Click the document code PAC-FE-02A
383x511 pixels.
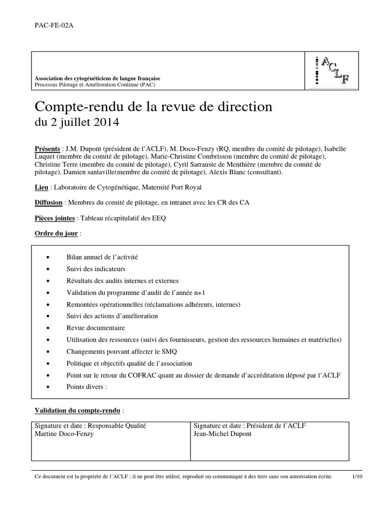click(51, 26)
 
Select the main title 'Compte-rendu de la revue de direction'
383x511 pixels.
click(153, 106)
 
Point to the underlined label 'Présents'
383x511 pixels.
click(47, 149)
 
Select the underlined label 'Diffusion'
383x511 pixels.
click(49, 203)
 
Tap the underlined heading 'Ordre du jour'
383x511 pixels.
click(56, 234)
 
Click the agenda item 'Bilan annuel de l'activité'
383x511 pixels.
click(102, 257)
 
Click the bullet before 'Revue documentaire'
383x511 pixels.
click(48, 328)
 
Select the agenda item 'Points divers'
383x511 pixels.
click(86, 387)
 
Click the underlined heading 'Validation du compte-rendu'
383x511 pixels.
click(77, 411)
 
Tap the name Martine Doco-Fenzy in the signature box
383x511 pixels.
click(64, 434)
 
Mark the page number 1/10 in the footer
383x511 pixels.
click(358, 477)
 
